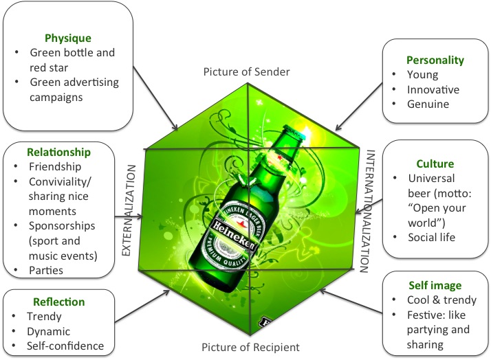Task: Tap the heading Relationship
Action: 58,150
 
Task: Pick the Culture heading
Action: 435,164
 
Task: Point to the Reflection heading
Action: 59,302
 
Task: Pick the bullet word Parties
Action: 45,271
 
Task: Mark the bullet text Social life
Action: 434,237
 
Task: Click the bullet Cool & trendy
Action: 442,300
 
